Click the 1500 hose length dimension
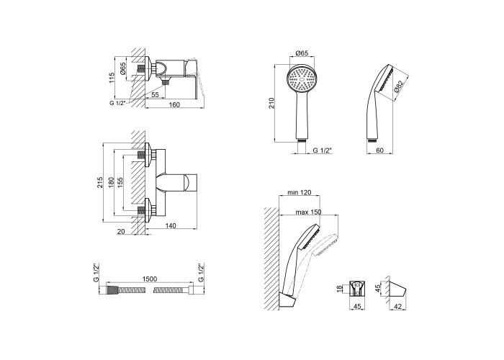click(x=149, y=279)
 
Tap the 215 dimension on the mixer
click(x=100, y=182)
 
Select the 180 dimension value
click(x=111, y=182)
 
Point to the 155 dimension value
click(x=120, y=182)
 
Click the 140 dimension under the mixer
click(x=171, y=225)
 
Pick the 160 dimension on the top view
click(x=174, y=104)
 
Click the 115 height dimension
click(x=112, y=78)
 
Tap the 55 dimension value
click(x=155, y=94)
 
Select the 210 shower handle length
click(x=272, y=103)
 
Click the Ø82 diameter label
click(x=398, y=87)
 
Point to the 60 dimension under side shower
click(x=379, y=150)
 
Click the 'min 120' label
click(x=300, y=192)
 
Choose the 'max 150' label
click(x=309, y=212)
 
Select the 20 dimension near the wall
click(x=121, y=231)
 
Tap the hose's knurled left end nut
click(x=112, y=290)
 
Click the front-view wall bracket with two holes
click(x=357, y=288)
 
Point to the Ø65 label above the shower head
click(x=302, y=53)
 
